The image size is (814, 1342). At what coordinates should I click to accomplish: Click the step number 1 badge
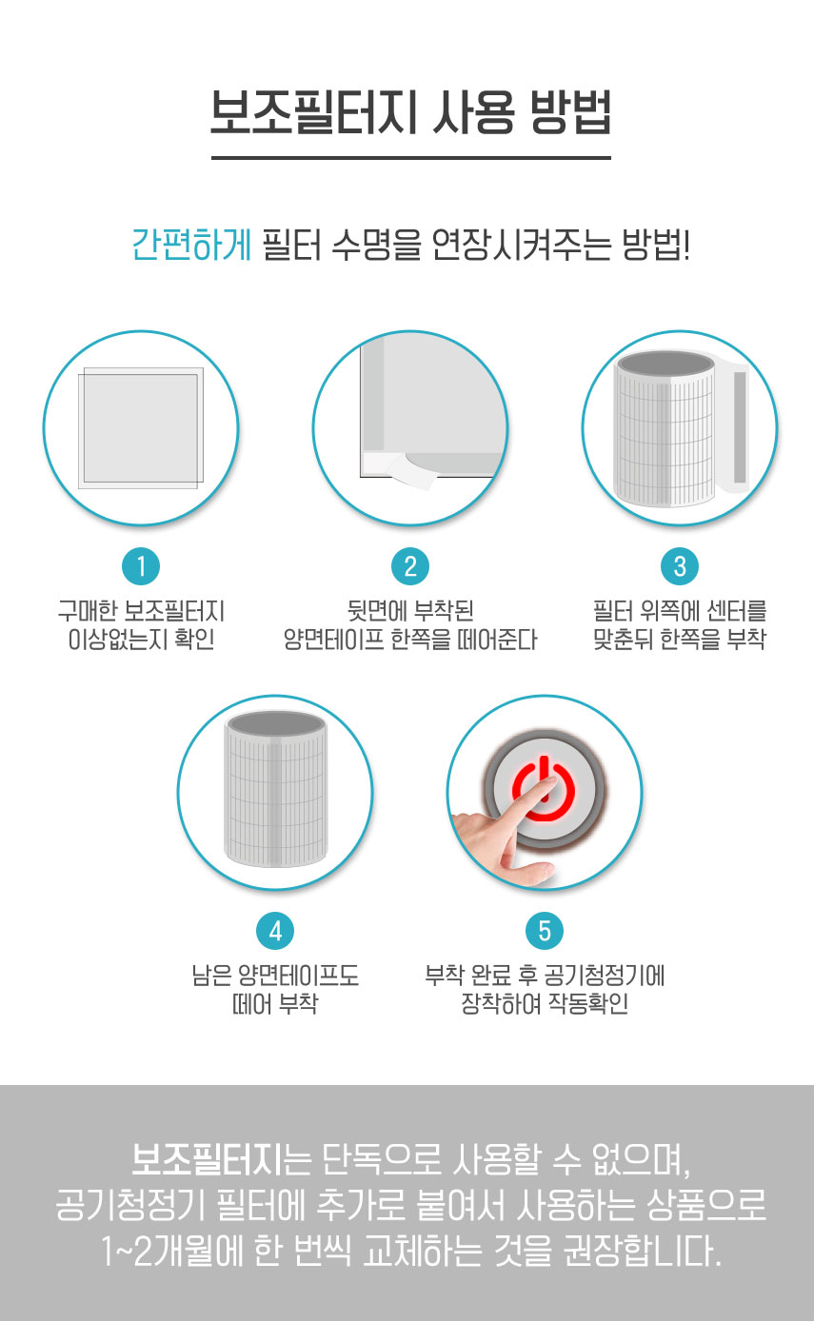pos(141,566)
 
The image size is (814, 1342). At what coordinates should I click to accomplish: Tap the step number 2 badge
pos(410,566)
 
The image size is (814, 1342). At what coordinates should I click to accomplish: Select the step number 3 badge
pos(680,566)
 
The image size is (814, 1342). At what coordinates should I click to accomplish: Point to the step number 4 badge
pos(275,931)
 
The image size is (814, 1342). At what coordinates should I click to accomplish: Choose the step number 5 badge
pos(545,931)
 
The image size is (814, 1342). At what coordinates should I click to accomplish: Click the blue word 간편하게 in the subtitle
pos(191,245)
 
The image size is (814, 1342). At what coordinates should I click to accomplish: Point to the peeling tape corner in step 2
pos(412,470)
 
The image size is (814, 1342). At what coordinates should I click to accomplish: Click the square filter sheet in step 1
pos(141,427)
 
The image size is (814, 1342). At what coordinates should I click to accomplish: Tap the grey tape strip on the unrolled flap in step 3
pos(740,427)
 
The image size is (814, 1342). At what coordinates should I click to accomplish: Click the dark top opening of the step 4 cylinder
pos(276,723)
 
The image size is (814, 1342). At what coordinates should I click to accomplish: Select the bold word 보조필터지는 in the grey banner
pos(221,1159)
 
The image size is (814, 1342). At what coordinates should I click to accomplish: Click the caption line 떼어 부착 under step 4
pos(275,1003)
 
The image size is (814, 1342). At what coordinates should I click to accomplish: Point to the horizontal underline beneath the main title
pos(410,158)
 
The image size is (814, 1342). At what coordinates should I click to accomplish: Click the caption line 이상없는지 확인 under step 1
pos(142,640)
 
